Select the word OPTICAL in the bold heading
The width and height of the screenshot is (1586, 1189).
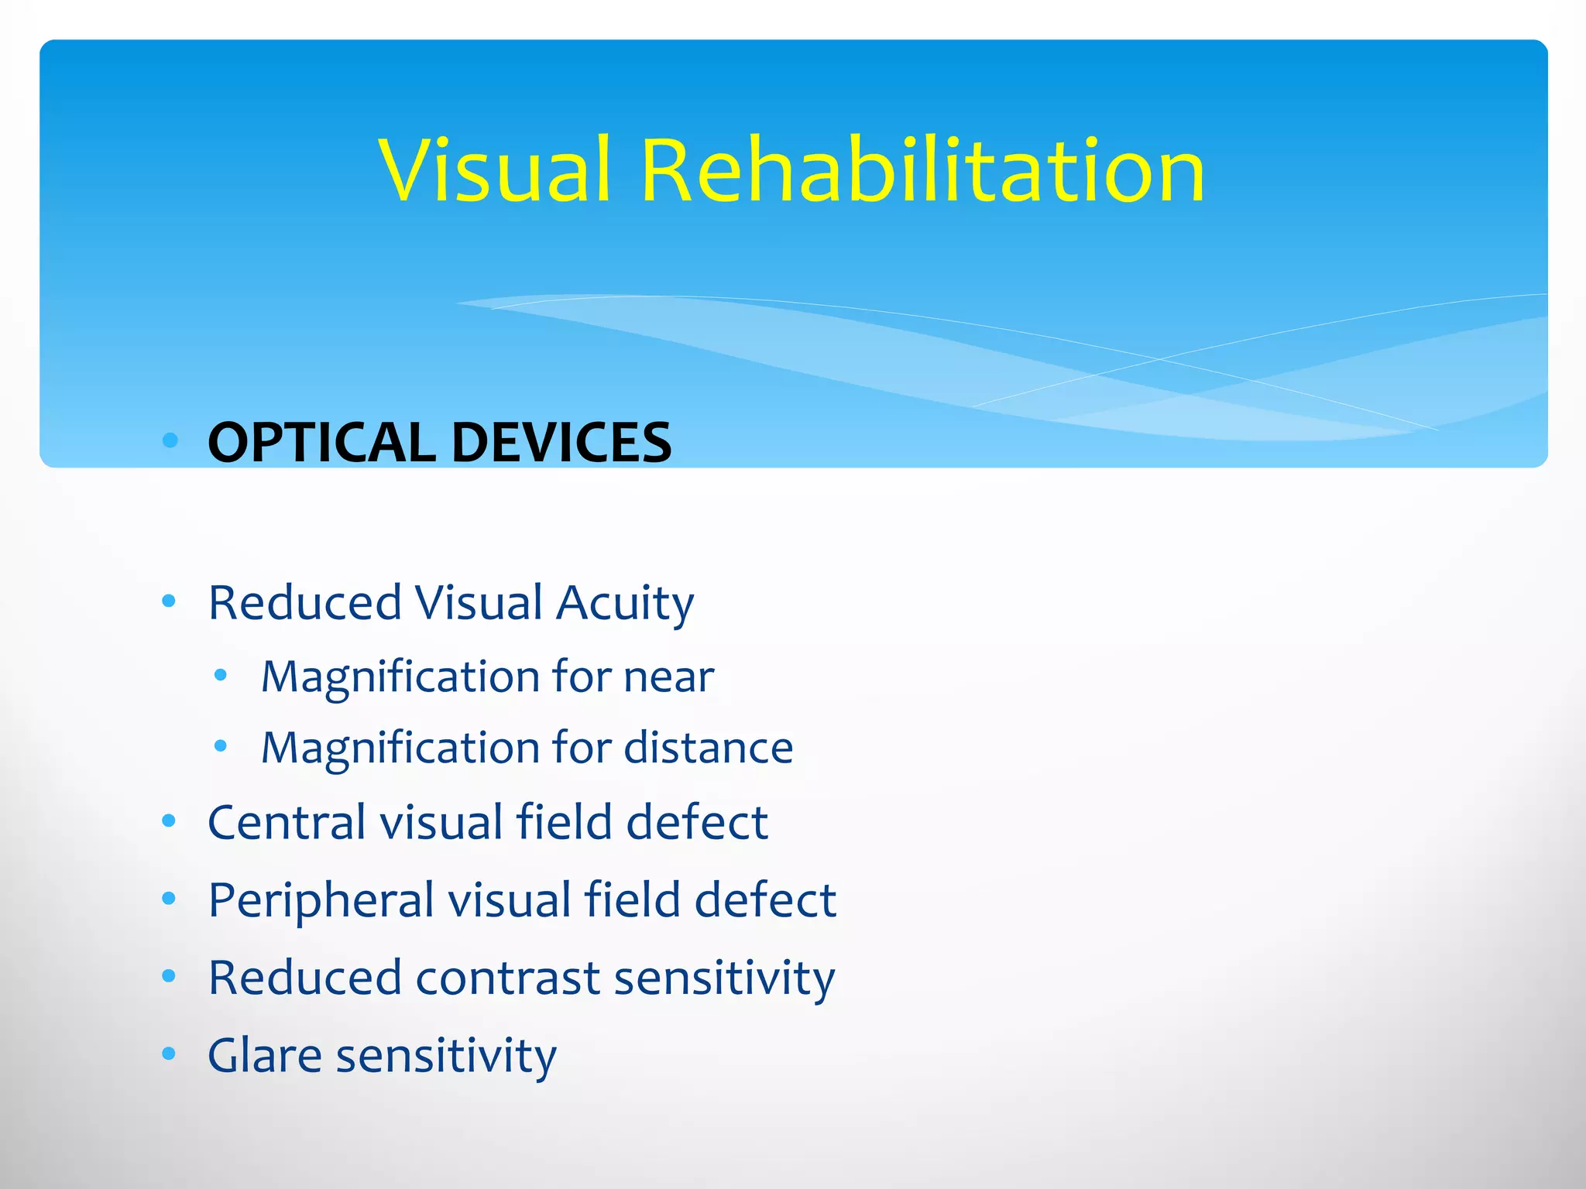point(321,443)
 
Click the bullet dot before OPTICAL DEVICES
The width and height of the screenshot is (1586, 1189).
point(170,441)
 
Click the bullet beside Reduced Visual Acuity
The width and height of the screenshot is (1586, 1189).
point(169,601)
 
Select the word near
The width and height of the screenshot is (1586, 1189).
point(668,677)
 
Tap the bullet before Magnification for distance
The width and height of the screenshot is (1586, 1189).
point(221,747)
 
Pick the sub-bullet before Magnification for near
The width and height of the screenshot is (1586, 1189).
point(221,676)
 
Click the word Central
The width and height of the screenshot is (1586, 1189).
point(287,822)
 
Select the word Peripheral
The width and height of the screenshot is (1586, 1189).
point(321,901)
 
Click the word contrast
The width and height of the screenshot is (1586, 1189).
point(508,978)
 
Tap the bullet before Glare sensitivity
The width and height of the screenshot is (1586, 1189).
point(169,1054)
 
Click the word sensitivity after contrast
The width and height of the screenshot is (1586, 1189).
point(724,978)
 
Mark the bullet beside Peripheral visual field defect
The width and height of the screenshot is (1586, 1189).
point(169,899)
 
